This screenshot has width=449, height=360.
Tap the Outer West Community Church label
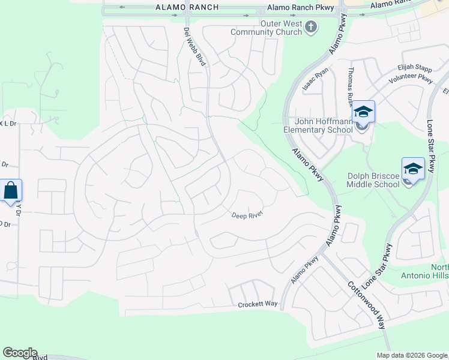(280, 27)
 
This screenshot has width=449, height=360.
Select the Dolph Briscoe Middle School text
(373, 180)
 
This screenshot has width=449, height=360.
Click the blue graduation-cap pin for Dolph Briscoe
(413, 169)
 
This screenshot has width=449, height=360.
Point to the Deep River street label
(248, 214)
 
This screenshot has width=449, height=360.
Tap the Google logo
(20, 353)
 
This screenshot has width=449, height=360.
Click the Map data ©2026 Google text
(412, 355)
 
